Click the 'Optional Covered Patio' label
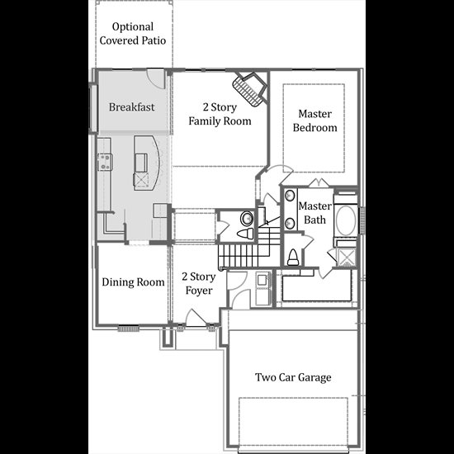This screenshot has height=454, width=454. (133, 34)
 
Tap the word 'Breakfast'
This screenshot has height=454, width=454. (132, 107)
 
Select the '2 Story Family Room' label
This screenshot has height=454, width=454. (220, 114)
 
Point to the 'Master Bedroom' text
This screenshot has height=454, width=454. (314, 121)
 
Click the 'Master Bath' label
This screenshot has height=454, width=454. (314, 213)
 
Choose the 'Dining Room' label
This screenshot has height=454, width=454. (133, 282)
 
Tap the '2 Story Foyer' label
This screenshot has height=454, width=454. (199, 283)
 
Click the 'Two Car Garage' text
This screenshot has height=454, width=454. (293, 377)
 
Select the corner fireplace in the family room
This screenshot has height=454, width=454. (249, 89)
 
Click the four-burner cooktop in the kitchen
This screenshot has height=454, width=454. (105, 162)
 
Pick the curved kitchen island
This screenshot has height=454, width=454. (146, 163)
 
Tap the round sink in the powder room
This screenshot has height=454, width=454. (247, 218)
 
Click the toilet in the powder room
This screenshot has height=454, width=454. (245, 234)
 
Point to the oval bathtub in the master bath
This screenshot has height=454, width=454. (346, 220)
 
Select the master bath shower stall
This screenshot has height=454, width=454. (347, 257)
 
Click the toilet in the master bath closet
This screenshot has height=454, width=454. (293, 257)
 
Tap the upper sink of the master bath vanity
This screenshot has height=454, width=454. (290, 196)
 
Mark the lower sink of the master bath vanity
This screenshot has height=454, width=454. (290, 223)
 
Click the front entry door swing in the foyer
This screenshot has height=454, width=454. (195, 318)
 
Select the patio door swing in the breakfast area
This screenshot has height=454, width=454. (155, 78)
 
